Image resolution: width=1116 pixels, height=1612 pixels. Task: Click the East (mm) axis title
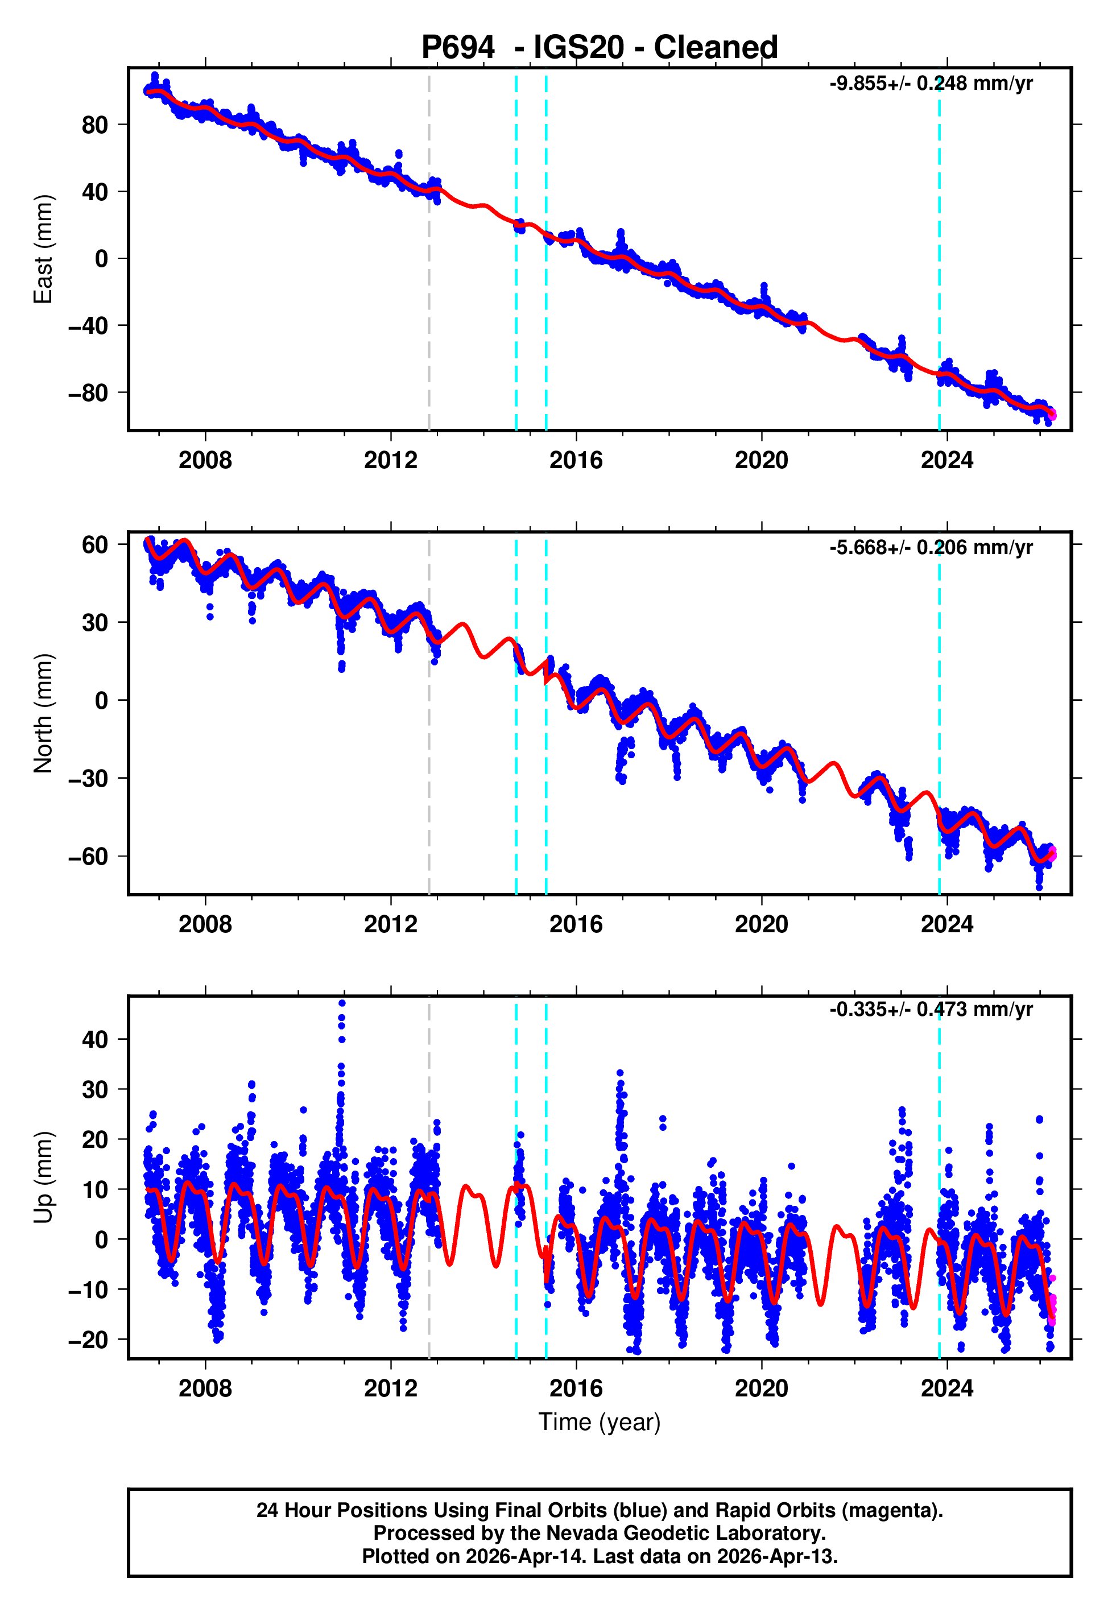43,249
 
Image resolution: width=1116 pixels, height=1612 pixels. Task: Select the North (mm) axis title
43,713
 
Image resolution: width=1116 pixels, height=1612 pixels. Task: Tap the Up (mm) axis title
43,1177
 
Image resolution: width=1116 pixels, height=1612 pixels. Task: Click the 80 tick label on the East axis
94,125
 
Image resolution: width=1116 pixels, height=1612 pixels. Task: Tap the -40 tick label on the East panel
88,326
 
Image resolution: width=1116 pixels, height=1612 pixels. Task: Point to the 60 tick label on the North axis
94,544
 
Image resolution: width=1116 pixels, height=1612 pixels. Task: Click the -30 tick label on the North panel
88,778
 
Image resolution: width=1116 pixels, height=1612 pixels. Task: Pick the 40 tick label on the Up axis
94,1039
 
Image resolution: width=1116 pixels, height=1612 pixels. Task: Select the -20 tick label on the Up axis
88,1340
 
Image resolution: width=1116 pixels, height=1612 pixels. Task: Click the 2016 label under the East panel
576,460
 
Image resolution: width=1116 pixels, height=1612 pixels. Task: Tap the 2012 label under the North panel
390,924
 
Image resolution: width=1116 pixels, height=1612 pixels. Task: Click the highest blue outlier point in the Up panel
341,1003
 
